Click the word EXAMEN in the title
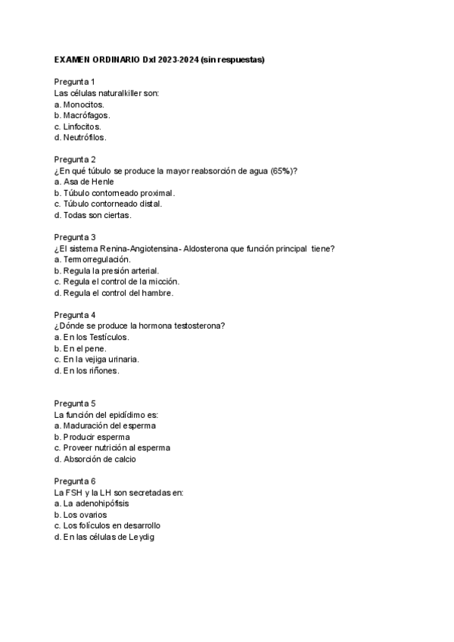tap(72, 59)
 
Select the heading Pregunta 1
tap(74, 82)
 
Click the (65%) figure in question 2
tap(281, 170)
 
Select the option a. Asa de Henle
tap(84, 182)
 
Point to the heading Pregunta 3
tap(74, 237)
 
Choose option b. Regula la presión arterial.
tap(107, 270)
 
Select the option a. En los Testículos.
tap(92, 337)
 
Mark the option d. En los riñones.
tap(87, 371)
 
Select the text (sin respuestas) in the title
tap(232, 59)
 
